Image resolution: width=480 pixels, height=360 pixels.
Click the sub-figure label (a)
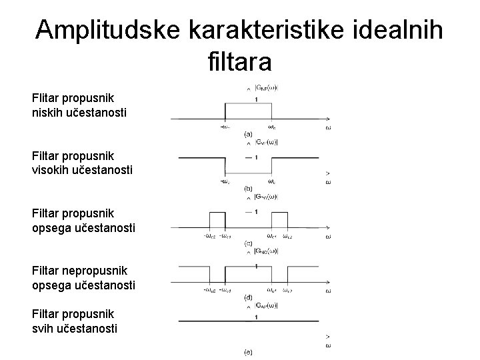248,134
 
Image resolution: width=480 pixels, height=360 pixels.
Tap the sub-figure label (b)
248,189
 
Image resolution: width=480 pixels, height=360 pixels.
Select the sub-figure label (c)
248,243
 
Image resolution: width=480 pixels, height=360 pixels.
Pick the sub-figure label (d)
248,297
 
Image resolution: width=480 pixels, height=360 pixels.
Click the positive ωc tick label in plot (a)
273,127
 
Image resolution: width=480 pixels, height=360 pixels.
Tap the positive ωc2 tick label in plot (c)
287,237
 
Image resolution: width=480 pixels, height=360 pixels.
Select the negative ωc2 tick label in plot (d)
208,291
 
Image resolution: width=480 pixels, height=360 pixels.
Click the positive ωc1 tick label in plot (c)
272,237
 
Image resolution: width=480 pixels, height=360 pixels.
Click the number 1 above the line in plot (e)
257,318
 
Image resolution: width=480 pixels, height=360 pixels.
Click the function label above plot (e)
267,306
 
